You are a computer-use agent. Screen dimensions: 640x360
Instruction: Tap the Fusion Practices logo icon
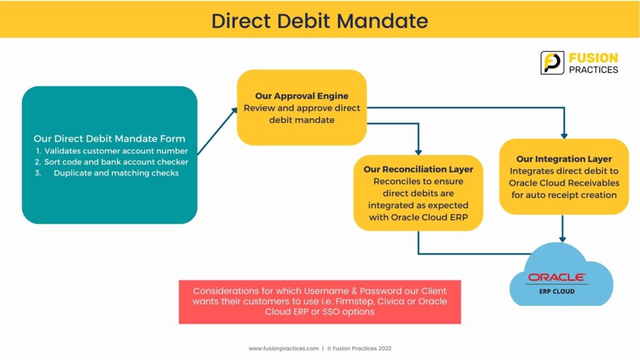(552, 63)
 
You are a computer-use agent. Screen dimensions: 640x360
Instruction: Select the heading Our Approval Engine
(302, 96)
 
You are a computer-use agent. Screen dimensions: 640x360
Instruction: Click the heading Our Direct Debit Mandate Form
(109, 139)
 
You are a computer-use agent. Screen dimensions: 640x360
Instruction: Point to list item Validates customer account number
(116, 151)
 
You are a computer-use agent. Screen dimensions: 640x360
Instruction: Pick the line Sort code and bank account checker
(116, 162)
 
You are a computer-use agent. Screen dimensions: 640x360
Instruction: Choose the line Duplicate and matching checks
(116, 173)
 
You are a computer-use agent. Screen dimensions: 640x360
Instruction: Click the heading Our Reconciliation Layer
(418, 169)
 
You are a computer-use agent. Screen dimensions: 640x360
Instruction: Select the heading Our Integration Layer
(564, 159)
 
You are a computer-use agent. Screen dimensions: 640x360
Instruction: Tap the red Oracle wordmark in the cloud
(557, 277)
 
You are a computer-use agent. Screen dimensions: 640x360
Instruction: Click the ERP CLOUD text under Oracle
(557, 291)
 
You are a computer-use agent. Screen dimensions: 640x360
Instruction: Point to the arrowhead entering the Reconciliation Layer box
(418, 152)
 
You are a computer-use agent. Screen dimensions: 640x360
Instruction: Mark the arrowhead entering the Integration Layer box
(564, 136)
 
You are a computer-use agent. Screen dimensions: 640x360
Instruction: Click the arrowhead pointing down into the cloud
(562, 239)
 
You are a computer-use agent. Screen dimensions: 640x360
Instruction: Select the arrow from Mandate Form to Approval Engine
(217, 131)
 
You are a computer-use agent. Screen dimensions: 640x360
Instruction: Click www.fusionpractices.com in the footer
(284, 349)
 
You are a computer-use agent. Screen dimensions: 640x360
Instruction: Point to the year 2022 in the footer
(384, 349)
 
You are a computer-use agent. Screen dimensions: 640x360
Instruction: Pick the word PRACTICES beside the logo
(594, 70)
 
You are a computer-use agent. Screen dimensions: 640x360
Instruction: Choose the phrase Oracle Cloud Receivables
(564, 183)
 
